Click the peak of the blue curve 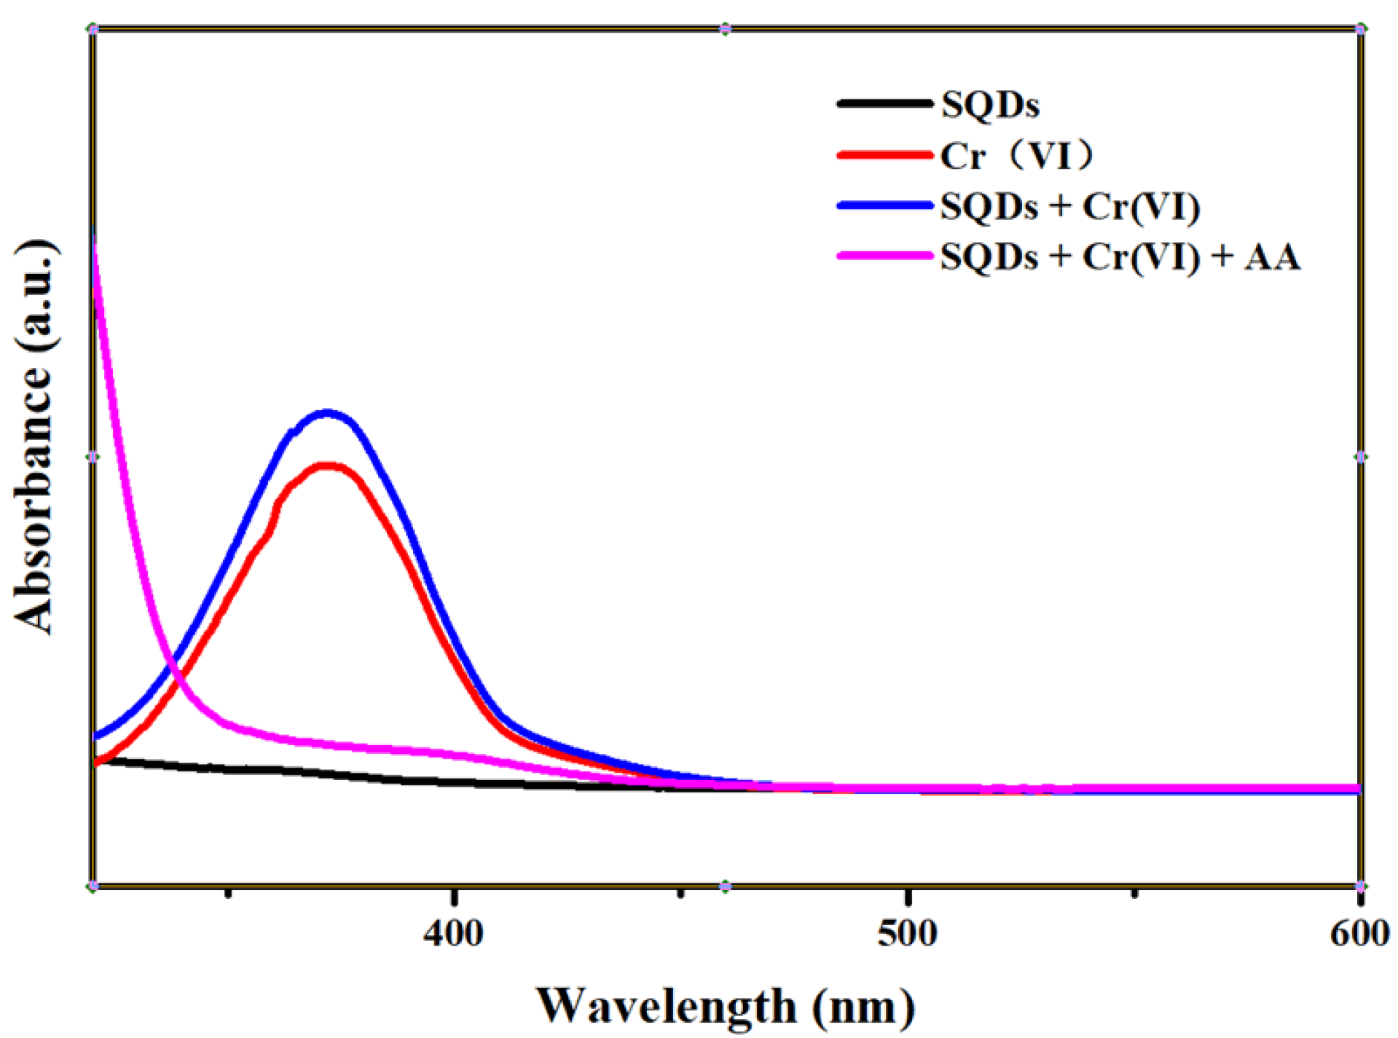click(x=327, y=414)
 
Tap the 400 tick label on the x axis click(x=453, y=934)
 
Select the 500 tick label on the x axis click(x=907, y=934)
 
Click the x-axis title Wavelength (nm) click(x=726, y=1007)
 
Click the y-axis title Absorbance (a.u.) click(x=34, y=436)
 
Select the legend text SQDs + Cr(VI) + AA click(x=1120, y=257)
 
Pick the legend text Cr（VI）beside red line click(x=1016, y=155)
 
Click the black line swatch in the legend click(x=884, y=103)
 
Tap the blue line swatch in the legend click(x=884, y=205)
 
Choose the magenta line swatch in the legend click(x=884, y=256)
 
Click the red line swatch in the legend click(x=884, y=154)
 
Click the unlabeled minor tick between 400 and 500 click(x=680, y=892)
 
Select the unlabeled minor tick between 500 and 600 click(x=1134, y=892)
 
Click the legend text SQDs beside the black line click(x=989, y=105)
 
